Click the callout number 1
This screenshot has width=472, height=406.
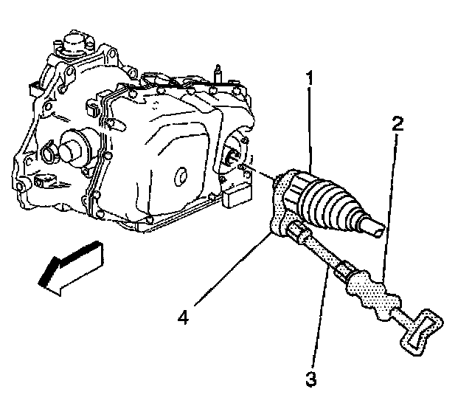pos(310,78)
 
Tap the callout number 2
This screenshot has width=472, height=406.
pos(398,123)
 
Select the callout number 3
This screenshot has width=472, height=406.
pos(311,379)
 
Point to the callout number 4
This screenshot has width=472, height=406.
pos(184,317)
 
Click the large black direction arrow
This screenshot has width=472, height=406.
pos(72,267)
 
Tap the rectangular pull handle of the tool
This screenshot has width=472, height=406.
pos(421,332)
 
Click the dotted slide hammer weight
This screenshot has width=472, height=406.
pos(374,294)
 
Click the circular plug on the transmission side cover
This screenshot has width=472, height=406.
pos(181,176)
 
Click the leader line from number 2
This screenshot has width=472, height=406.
pos(390,208)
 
